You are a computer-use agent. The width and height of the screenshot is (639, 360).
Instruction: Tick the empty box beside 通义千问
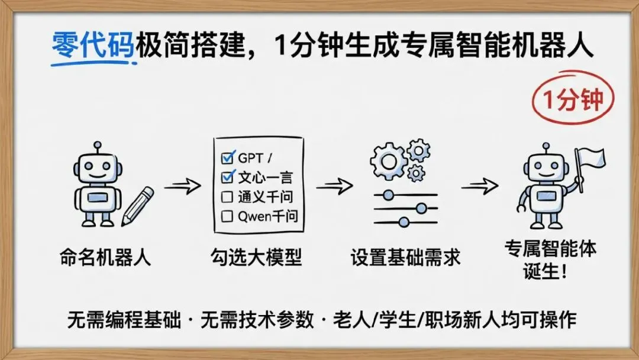[227, 197]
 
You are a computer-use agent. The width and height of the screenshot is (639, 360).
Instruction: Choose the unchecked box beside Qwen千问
[227, 216]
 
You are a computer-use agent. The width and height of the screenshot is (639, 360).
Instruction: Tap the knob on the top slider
[388, 194]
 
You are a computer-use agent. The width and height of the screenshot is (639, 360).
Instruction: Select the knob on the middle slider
[421, 208]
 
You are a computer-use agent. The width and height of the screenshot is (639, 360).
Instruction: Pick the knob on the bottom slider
[404, 222]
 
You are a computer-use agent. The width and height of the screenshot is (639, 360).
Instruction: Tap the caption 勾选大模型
[256, 258]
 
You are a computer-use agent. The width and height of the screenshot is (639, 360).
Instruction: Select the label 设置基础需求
[405, 258]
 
